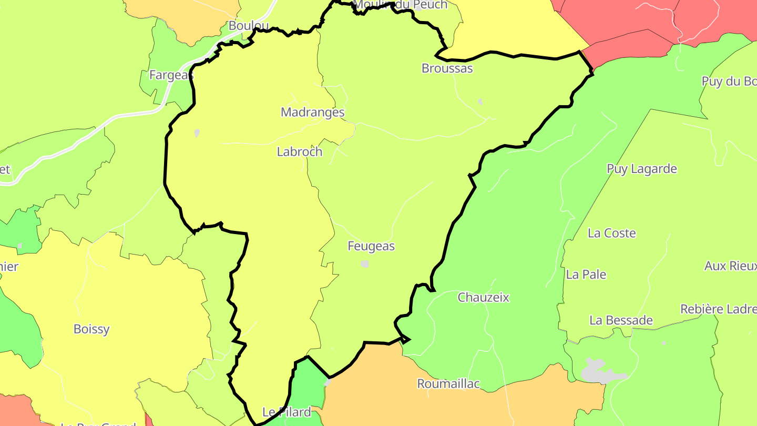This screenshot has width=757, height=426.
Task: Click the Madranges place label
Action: click(x=313, y=112)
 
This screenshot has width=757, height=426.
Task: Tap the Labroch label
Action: click(x=300, y=152)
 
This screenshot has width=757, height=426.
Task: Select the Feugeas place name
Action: click(x=371, y=246)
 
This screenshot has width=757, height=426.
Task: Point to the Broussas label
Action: click(x=447, y=68)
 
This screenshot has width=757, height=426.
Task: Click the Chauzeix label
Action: click(x=484, y=298)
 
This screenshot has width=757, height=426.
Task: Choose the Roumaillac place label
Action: click(x=448, y=384)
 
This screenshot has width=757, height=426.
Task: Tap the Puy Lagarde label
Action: click(x=642, y=169)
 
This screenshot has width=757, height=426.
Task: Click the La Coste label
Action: click(x=612, y=233)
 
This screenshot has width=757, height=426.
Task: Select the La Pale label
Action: click(x=586, y=275)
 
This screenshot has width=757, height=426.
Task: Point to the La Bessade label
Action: click(x=621, y=320)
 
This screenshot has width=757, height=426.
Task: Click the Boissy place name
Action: click(x=91, y=329)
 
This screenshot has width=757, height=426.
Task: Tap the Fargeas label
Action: click(x=171, y=75)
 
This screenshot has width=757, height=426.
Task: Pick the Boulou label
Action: click(x=249, y=26)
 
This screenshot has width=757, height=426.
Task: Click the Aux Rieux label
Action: click(x=730, y=266)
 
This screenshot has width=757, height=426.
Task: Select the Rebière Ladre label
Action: click(x=718, y=309)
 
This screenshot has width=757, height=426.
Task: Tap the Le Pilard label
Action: click(x=287, y=412)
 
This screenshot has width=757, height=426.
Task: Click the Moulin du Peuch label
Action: click(x=401, y=5)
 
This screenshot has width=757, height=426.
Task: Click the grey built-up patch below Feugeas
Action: click(x=365, y=264)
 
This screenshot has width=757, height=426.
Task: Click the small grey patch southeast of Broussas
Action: click(x=480, y=102)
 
